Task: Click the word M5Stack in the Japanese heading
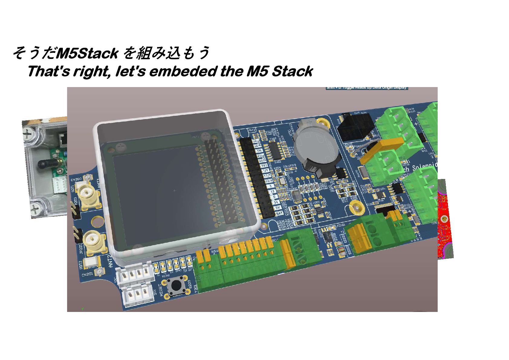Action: [x=87, y=54]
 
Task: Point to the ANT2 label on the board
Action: [x=110, y=261]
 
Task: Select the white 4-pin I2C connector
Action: [x=135, y=274]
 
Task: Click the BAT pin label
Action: [x=280, y=213]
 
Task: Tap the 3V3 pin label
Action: [x=264, y=165]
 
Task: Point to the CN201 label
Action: [x=87, y=274]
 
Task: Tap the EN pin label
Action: [x=259, y=151]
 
